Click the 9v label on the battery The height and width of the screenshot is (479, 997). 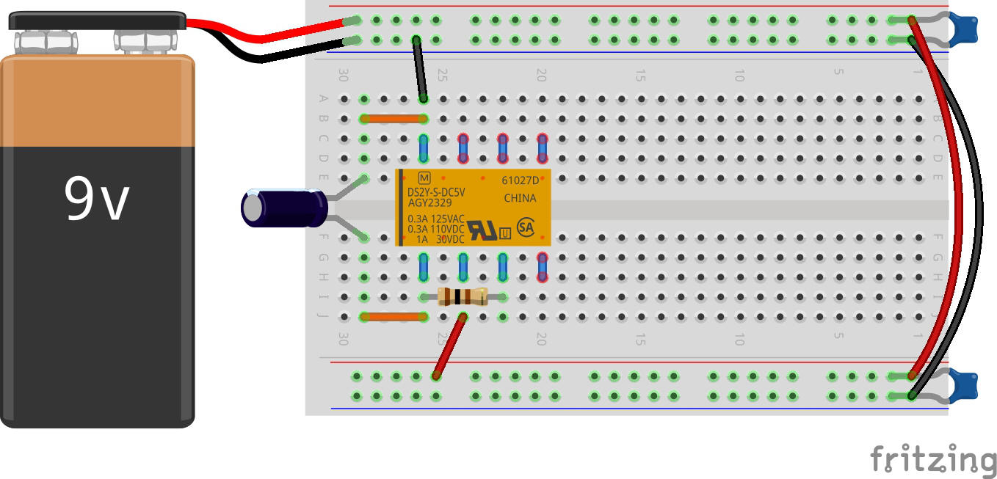[x=97, y=200]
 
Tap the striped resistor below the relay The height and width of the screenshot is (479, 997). [x=463, y=296]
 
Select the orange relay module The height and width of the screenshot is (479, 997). [x=474, y=208]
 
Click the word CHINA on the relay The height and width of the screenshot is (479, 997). [x=520, y=198]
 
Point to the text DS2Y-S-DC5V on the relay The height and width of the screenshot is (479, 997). [x=436, y=192]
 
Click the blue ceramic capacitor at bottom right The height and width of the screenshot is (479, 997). [x=963, y=385]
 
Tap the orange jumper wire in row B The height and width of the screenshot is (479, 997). [x=394, y=119]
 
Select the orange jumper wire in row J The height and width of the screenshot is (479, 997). [x=394, y=317]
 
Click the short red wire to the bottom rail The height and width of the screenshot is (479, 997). [x=449, y=346]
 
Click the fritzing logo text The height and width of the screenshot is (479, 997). [x=932, y=460]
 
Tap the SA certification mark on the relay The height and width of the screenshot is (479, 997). [x=526, y=226]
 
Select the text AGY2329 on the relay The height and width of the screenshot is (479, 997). [x=431, y=202]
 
